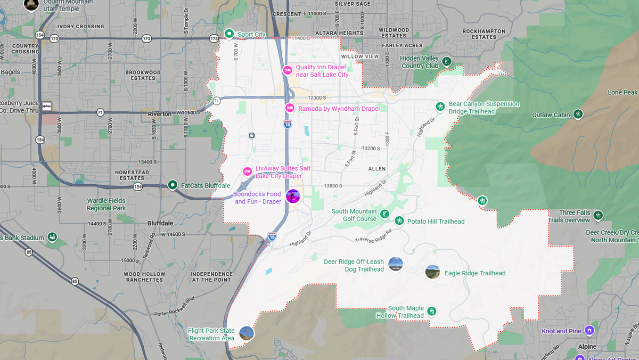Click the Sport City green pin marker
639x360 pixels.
tap(229, 34)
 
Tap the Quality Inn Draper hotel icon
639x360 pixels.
tap(288, 70)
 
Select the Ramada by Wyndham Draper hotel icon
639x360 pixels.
tap(290, 108)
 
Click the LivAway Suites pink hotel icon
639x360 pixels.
tap(247, 171)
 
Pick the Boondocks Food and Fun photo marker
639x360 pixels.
tap(293, 196)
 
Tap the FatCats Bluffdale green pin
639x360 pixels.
tap(173, 185)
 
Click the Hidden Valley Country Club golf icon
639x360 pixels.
tap(447, 62)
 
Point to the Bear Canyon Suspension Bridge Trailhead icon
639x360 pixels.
tap(440, 107)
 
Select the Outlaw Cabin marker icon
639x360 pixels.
tap(578, 114)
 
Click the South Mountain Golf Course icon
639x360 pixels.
tap(384, 215)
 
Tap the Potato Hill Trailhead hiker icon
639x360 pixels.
tap(399, 221)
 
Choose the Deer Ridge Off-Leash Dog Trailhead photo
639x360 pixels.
tap(396, 264)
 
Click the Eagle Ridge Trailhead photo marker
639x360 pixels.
tap(432, 272)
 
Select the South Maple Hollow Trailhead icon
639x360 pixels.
tap(432, 311)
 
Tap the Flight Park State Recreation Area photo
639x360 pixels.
tap(246, 333)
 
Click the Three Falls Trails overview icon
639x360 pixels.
tap(598, 215)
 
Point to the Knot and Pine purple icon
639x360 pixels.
tap(589, 331)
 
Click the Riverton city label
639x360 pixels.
tap(160, 114)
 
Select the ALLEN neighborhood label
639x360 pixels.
tap(377, 169)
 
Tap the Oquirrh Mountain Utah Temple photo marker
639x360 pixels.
tap(31, 4)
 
